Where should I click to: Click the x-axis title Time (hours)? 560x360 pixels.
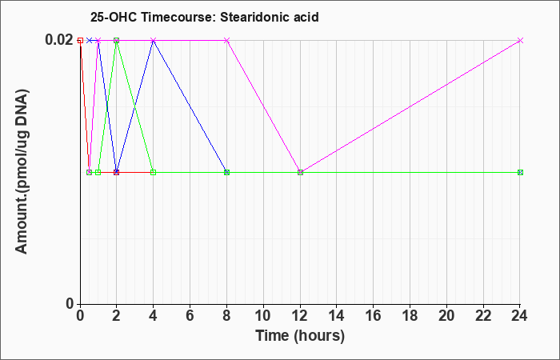click(300, 336)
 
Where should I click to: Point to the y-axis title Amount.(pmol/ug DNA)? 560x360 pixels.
click(22, 171)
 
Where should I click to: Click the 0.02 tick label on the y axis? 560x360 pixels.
click(59, 40)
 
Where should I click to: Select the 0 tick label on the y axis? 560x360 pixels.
click(70, 304)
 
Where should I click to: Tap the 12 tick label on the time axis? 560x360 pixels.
click(300, 316)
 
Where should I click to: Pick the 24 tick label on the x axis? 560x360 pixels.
click(520, 316)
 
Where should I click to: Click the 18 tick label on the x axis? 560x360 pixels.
click(410, 316)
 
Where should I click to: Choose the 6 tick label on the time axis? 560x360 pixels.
click(190, 316)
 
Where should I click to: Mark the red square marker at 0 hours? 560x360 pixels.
click(80, 40)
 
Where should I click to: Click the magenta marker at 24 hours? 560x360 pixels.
click(520, 40)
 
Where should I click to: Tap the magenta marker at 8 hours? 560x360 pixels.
click(226, 40)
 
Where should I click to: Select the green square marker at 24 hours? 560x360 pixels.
click(520, 173)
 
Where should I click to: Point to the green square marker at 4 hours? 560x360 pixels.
click(154, 173)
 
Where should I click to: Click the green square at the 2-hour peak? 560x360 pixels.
click(117, 40)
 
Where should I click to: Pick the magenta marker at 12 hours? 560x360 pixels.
click(300, 173)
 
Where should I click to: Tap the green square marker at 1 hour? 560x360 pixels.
click(98, 173)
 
